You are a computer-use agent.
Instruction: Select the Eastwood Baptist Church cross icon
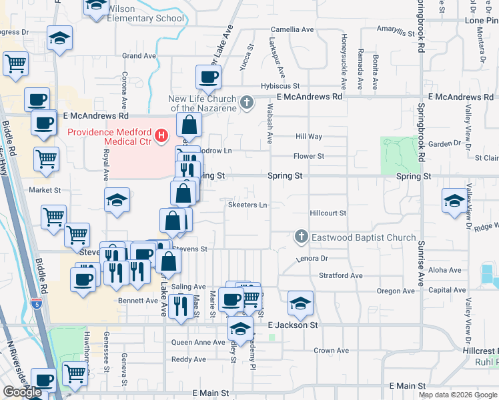302,237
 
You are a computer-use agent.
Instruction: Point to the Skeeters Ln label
247,205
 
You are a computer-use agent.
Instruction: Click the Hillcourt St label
328,213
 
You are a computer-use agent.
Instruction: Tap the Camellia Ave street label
292,30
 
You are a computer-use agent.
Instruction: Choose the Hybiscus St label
280,86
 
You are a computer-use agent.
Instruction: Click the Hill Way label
309,137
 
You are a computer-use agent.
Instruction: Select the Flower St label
309,156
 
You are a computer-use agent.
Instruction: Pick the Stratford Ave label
341,275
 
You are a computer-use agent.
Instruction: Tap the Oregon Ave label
396,291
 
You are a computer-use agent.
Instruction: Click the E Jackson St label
293,325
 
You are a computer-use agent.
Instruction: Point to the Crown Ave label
332,351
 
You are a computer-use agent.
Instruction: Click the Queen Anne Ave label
199,343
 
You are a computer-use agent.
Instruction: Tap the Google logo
23,391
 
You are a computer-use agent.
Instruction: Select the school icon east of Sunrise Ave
454,200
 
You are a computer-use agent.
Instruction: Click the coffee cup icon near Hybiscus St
208,77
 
